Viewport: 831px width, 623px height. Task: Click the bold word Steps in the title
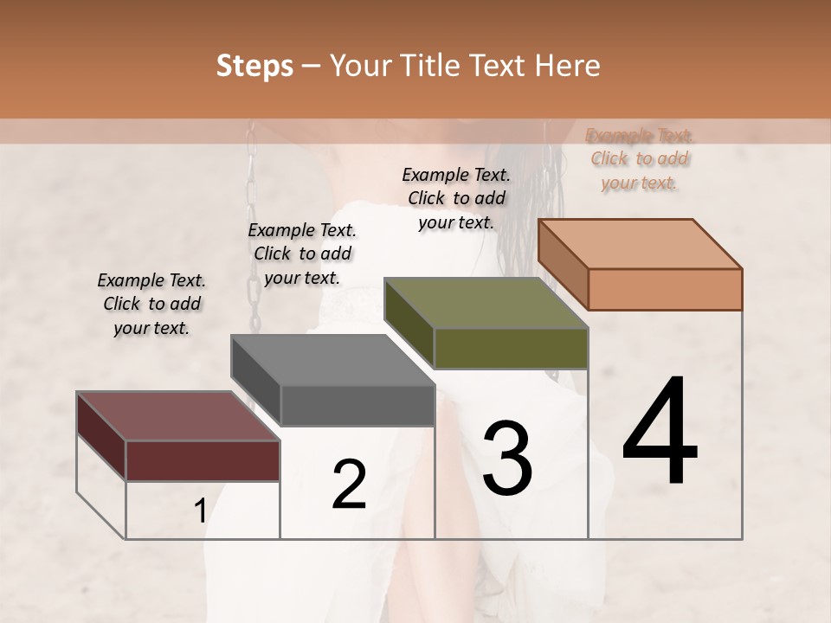[254, 67]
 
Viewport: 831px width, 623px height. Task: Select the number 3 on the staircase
[506, 458]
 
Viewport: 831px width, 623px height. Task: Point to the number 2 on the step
[349, 485]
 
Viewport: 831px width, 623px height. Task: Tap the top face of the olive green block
[486, 304]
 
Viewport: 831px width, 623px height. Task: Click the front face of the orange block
[665, 289]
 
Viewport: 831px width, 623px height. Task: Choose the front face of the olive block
[511, 348]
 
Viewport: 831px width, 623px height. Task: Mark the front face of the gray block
[358, 405]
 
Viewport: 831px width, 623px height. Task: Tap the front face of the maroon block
[203, 460]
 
